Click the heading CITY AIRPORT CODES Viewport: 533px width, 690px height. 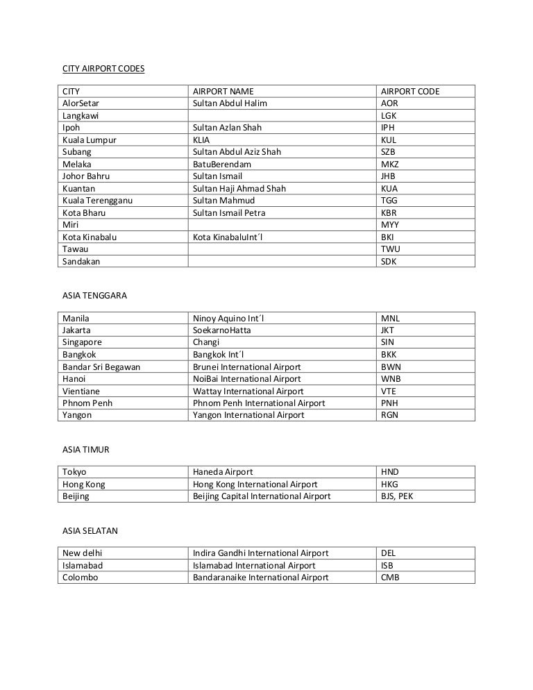pyautogui.click(x=103, y=69)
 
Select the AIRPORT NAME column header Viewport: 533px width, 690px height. pyautogui.click(x=223, y=92)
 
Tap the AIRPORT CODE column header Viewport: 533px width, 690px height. pyautogui.click(x=410, y=92)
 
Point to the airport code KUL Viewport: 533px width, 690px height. pyautogui.click(x=389, y=140)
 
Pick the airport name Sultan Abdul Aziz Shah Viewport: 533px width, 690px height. pyautogui.click(x=237, y=152)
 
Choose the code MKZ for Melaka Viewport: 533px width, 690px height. pyautogui.click(x=390, y=165)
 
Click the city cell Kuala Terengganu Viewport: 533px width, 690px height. pyautogui.click(x=97, y=201)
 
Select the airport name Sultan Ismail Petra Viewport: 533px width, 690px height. pyautogui.click(x=229, y=213)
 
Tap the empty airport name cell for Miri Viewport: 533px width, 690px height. pyautogui.click(x=281, y=225)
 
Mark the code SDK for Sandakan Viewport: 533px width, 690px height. pyautogui.click(x=389, y=262)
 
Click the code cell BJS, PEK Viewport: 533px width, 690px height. pyautogui.click(x=397, y=496)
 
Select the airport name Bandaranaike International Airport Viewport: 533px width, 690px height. pyautogui.click(x=260, y=578)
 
